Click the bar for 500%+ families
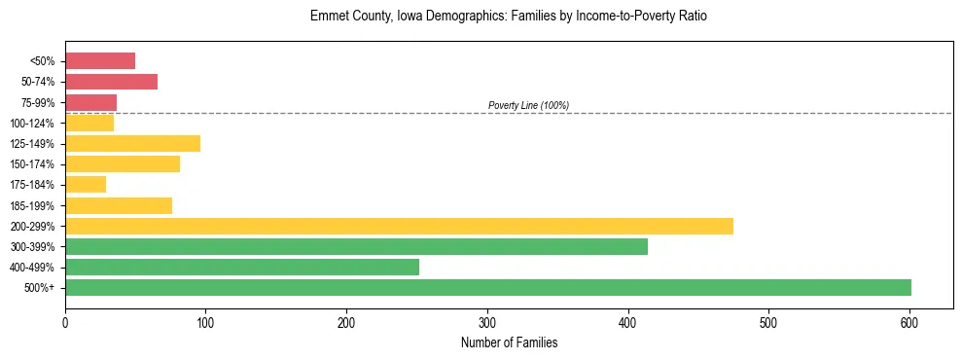pyautogui.click(x=487, y=287)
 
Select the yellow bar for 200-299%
pyautogui.click(x=399, y=226)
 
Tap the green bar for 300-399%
pyautogui.click(x=356, y=246)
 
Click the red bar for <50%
pyautogui.click(x=100, y=61)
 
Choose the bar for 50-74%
pyautogui.click(x=111, y=82)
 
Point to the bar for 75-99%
pyautogui.click(x=90, y=102)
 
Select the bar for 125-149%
pyautogui.click(x=132, y=143)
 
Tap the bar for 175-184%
pyautogui.click(x=86, y=185)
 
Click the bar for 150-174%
pyautogui.click(x=123, y=164)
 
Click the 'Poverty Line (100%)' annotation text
pyautogui.click(x=528, y=105)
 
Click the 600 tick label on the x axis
pyautogui.click(x=909, y=323)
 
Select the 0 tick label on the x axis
pyautogui.click(x=65, y=323)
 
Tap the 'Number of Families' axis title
pyautogui.click(x=509, y=343)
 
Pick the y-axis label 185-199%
pyautogui.click(x=32, y=205)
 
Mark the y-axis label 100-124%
pyautogui.click(x=32, y=123)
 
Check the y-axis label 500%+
pyautogui.click(x=40, y=287)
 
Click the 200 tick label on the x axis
pyautogui.click(x=346, y=323)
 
